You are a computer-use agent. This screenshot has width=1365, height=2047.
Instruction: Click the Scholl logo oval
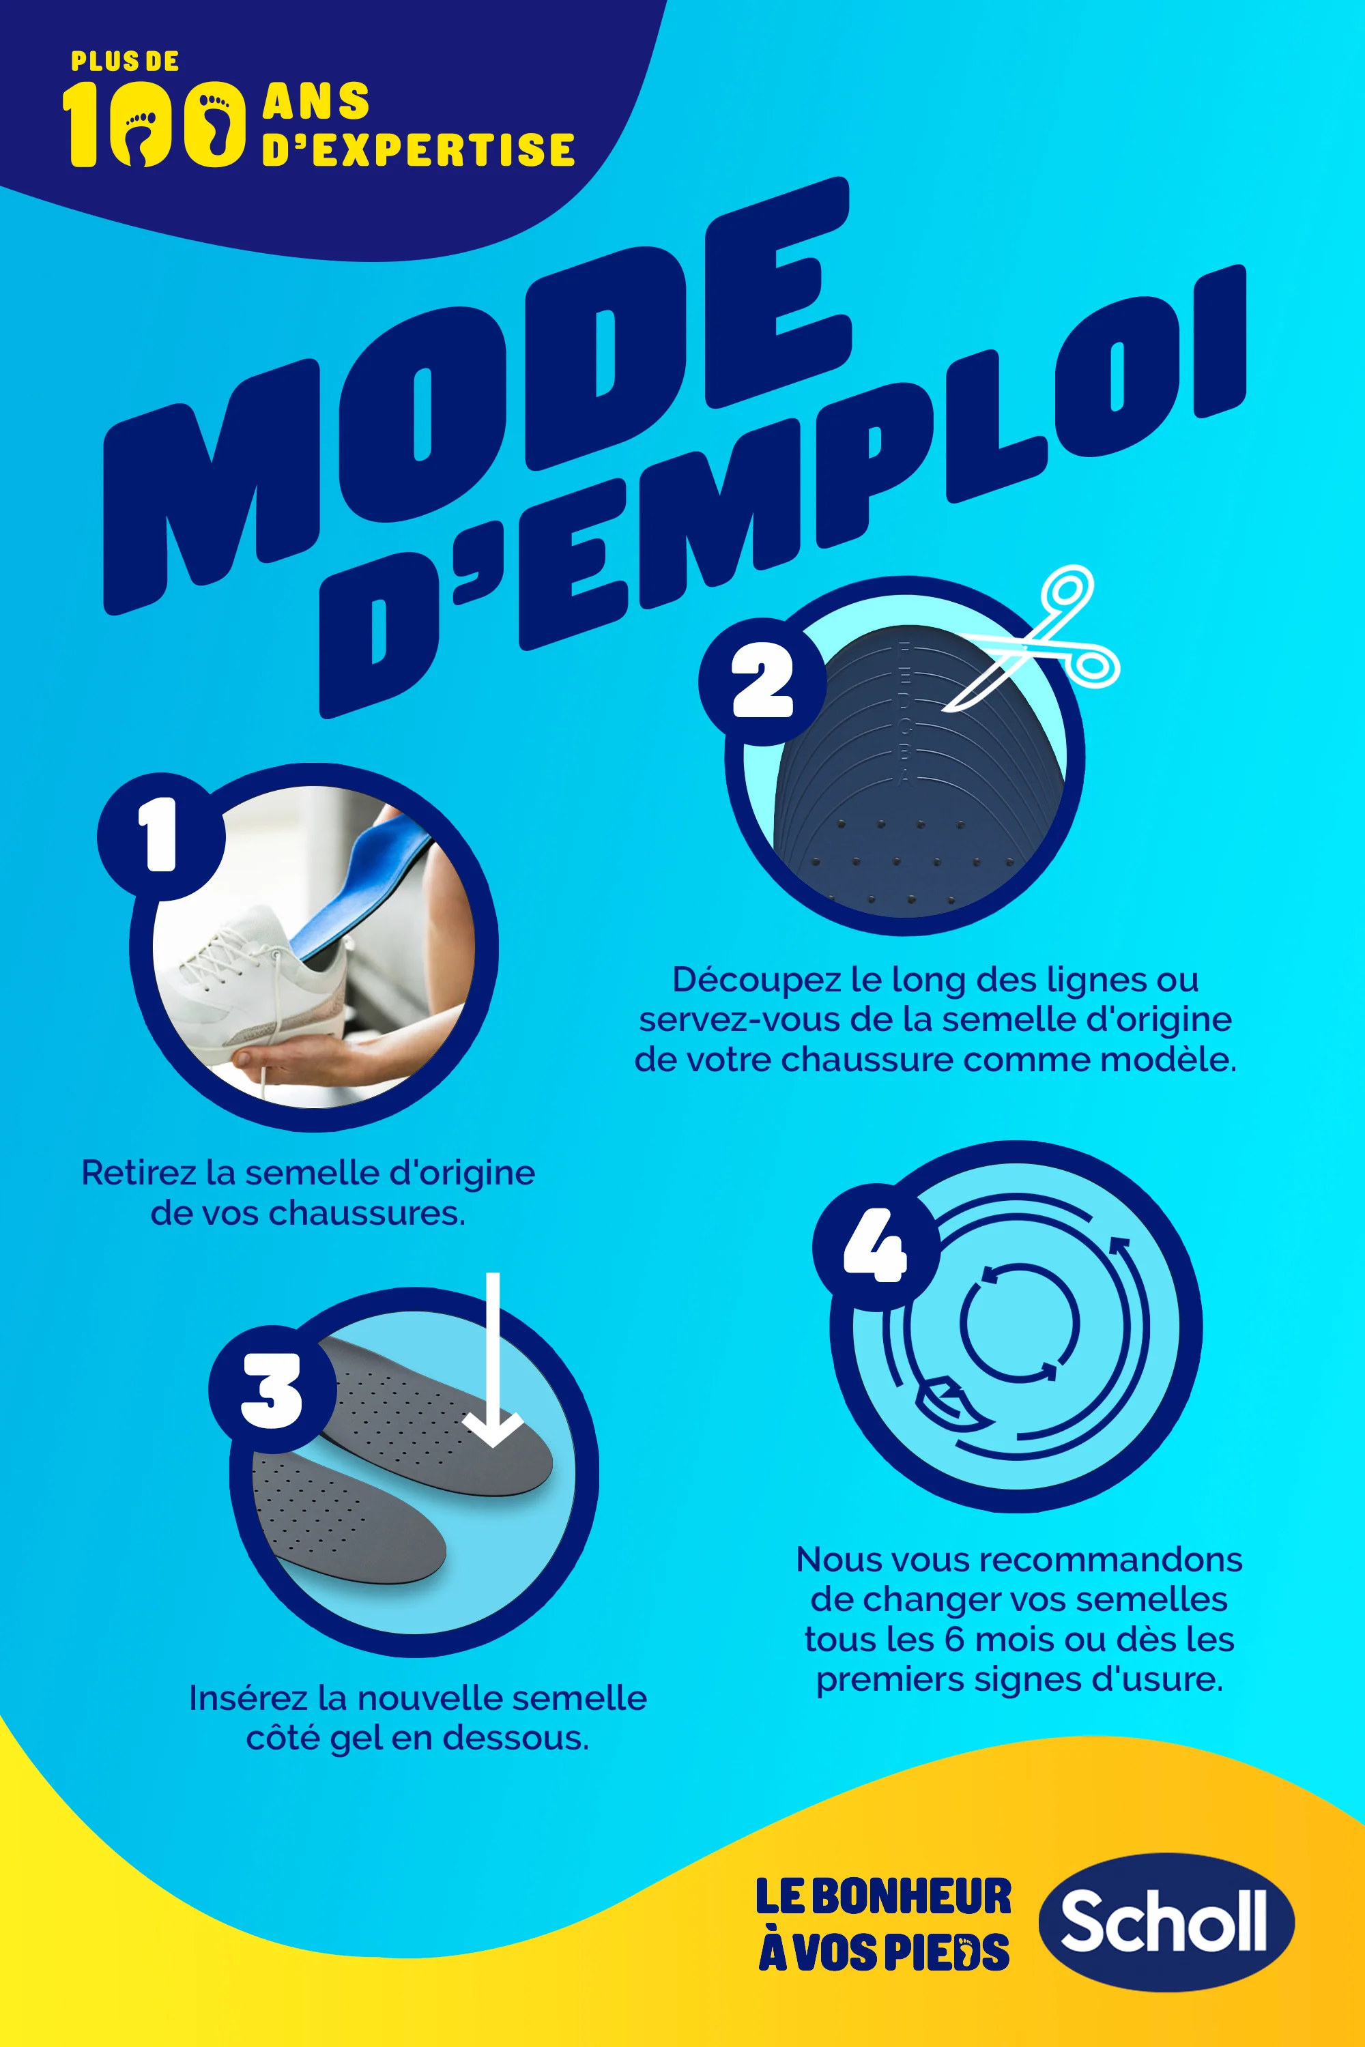[x=1166, y=1921]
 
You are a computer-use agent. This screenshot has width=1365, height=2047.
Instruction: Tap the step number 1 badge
[x=161, y=837]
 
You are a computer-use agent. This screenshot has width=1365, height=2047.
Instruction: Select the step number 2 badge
[x=762, y=682]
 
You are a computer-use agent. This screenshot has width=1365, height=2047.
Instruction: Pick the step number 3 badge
[x=272, y=1390]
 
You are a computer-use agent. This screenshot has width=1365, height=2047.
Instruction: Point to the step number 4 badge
[x=875, y=1247]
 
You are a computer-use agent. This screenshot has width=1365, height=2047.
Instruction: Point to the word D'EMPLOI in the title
[x=784, y=487]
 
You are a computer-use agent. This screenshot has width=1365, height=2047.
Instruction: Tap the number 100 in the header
[x=153, y=124]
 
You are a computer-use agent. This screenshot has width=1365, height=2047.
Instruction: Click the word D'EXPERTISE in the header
[x=418, y=149]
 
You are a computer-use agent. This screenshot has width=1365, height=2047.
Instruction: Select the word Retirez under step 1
[x=139, y=1172]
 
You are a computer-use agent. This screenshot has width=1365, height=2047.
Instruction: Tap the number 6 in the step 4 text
[x=954, y=1640]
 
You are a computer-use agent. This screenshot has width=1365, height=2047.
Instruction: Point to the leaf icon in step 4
[x=945, y=1402]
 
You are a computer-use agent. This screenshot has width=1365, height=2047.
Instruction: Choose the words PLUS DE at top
[x=124, y=62]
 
